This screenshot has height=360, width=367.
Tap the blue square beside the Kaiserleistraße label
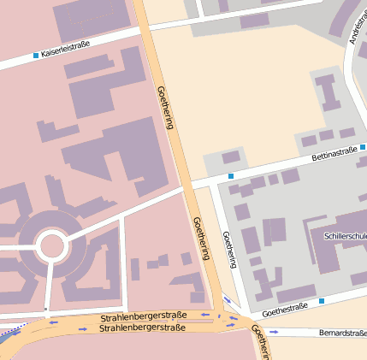(x=35, y=56)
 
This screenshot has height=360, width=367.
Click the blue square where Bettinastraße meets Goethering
(x=230, y=176)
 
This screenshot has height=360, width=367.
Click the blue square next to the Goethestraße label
(x=322, y=301)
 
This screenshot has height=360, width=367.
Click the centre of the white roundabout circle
(x=51, y=245)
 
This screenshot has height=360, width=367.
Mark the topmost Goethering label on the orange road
(x=165, y=107)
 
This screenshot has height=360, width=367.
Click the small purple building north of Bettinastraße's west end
(x=231, y=157)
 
